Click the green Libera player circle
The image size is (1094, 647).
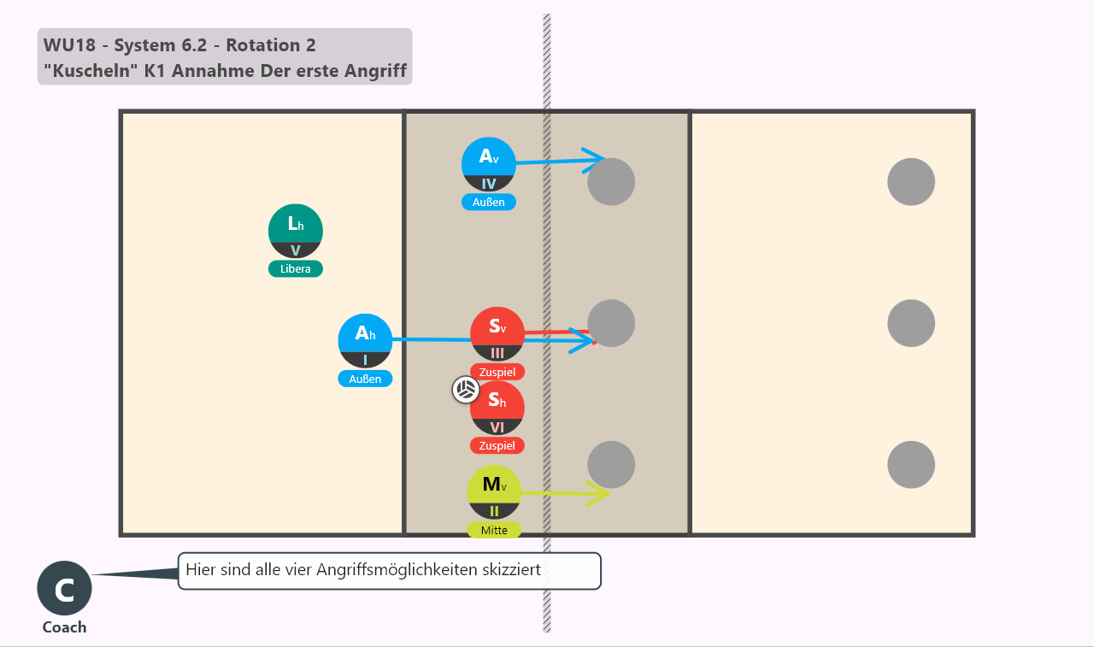pyautogui.click(x=296, y=231)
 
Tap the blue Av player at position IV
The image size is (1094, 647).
pyautogui.click(x=488, y=165)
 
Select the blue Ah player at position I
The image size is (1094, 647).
pyautogui.click(x=365, y=341)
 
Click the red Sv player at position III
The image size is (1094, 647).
pyautogui.click(x=497, y=334)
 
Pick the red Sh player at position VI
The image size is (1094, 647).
pyautogui.click(x=497, y=408)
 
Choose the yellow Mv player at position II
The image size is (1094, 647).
pyautogui.click(x=494, y=492)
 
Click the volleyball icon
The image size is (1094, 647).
pyautogui.click(x=466, y=390)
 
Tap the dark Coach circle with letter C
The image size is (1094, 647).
pyautogui.click(x=64, y=588)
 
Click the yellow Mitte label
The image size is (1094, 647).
pyautogui.click(x=494, y=530)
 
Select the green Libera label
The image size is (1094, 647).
pyautogui.click(x=296, y=269)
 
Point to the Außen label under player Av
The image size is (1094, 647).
pyautogui.click(x=488, y=203)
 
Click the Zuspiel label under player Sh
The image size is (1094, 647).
pyautogui.click(x=497, y=446)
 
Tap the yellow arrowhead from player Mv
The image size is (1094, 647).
pyautogui.click(x=599, y=494)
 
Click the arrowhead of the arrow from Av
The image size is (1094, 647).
pyautogui.click(x=594, y=160)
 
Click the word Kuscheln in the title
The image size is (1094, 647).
pyautogui.click(x=91, y=71)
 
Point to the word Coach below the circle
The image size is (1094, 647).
pyautogui.click(x=64, y=627)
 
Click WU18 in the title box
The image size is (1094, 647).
pyautogui.click(x=69, y=45)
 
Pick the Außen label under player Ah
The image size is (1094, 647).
pyautogui.click(x=365, y=379)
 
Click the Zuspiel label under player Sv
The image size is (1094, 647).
pyautogui.click(x=497, y=372)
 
